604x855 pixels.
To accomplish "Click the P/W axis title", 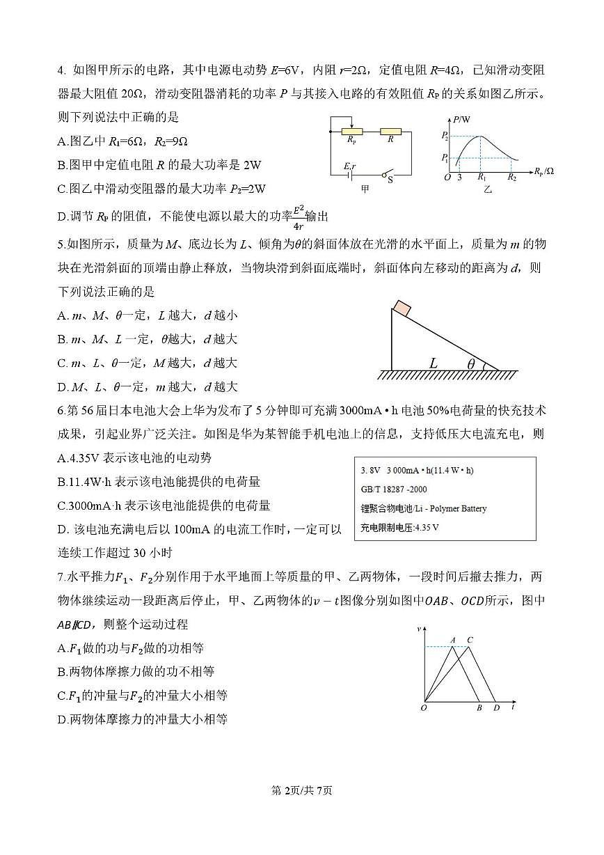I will (x=462, y=120).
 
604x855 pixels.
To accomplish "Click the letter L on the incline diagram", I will (x=434, y=363).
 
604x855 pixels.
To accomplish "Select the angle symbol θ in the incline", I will (x=471, y=363).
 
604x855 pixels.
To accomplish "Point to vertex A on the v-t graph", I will (x=452, y=640).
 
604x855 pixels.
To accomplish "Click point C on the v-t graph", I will (x=470, y=640).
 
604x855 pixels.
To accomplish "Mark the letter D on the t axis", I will (x=496, y=708).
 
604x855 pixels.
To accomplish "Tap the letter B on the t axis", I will (x=479, y=708).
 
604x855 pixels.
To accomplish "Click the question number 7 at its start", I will (x=61, y=576).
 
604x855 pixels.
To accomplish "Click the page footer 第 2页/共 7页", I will (x=301, y=790).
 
